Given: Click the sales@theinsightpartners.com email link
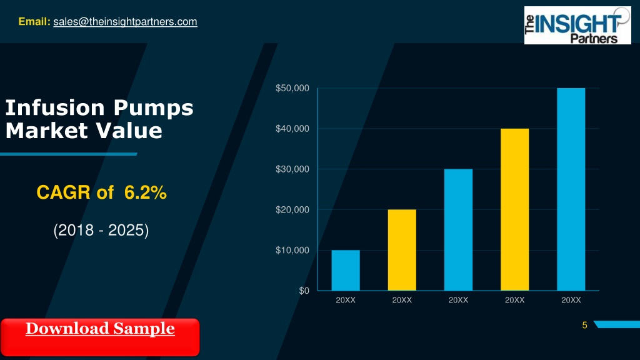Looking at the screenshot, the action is tap(125, 22).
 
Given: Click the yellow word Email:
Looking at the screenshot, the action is tap(34, 21).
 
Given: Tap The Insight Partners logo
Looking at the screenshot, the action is tap(577, 25).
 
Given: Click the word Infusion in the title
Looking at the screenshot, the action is tap(55, 107).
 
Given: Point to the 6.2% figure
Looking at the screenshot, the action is tap(145, 192).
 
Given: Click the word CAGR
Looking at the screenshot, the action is tap(63, 192).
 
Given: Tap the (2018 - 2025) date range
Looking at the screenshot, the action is tap(101, 230).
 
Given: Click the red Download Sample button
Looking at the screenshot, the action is tap(100, 337).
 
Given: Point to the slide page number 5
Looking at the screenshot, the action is tap(584, 325).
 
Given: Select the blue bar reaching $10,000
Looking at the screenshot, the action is tap(346, 270).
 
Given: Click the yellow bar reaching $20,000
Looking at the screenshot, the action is tap(402, 250).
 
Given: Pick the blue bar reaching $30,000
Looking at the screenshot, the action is tap(458, 230).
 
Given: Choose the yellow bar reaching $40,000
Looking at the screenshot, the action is tap(515, 210).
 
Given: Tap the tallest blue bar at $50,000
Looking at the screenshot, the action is tap(571, 189).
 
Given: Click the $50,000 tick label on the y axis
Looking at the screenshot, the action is tap(292, 88).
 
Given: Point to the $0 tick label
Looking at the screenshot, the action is tap(304, 291).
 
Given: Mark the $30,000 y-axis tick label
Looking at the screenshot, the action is tap(292, 169).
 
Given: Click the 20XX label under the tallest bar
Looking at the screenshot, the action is tap(571, 300).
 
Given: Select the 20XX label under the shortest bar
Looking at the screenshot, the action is tap(346, 300).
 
